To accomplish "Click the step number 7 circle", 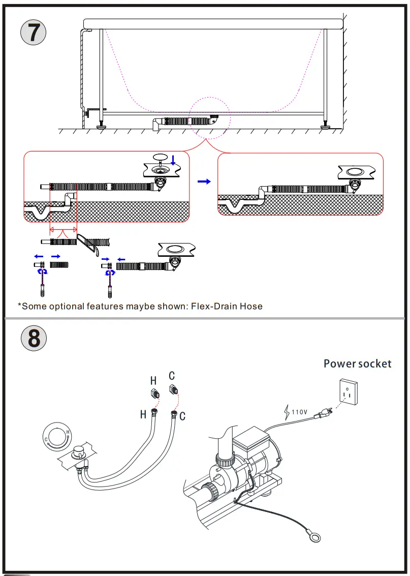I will [33, 33].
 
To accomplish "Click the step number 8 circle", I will [33, 338].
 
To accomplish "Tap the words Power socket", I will [358, 363].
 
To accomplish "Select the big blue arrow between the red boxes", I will [204, 181].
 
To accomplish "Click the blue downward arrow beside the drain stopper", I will [173, 161].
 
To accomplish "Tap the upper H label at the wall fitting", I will [153, 380].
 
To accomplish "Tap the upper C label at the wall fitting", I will [172, 376].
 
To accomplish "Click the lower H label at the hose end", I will [143, 415].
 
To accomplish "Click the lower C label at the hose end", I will [182, 416].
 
